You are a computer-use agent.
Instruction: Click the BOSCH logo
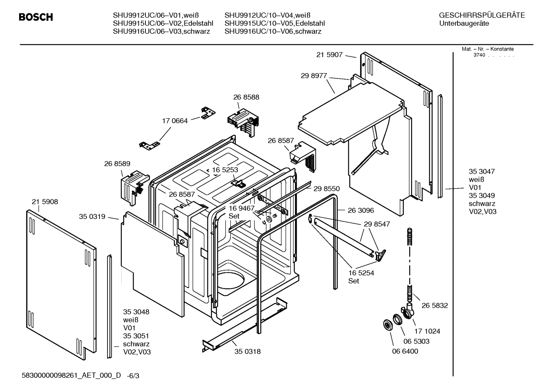pos(36,17)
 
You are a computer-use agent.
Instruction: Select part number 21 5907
pos(329,55)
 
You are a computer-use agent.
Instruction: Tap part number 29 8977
pos(314,76)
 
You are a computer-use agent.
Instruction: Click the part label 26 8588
pos(246,97)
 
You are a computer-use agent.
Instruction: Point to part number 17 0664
pos(175,121)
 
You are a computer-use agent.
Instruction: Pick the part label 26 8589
pos(117,164)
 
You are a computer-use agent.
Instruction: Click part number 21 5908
pos(45,202)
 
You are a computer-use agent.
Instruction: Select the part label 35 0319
pos(92,217)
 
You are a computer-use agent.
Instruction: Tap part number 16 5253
pos(225,170)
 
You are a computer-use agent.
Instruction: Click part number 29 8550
pos(327,189)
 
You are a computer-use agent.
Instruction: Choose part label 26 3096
pos(361,211)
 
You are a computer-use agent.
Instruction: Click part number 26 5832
pos(434,305)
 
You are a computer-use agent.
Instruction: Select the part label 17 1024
pos(427,331)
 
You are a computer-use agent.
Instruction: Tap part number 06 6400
pos(405,351)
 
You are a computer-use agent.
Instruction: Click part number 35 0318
pos(247,351)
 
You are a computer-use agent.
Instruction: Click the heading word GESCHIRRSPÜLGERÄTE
pos(482,16)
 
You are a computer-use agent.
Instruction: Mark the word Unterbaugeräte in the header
pos(464,24)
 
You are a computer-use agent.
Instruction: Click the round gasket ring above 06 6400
pos(388,326)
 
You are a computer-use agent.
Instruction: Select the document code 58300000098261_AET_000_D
pos(71,375)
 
